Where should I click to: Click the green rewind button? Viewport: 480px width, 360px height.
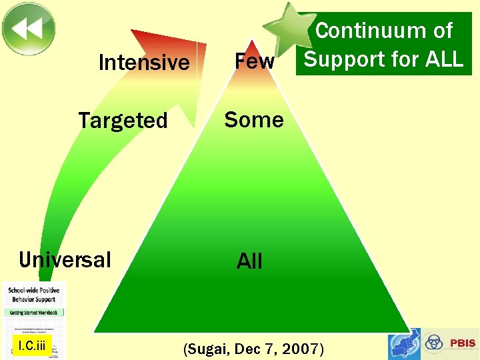(28, 29)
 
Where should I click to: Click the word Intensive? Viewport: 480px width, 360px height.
(143, 63)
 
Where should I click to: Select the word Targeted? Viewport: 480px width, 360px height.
(123, 121)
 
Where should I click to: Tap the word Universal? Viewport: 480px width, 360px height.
(65, 259)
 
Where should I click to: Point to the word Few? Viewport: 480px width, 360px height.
(254, 61)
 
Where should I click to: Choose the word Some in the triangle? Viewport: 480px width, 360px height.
(254, 120)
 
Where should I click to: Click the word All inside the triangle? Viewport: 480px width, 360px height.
(249, 261)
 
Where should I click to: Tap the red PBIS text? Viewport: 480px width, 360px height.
(463, 343)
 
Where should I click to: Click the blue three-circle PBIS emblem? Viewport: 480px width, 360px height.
(434, 343)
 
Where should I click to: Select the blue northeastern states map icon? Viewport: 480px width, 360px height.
(405, 344)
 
